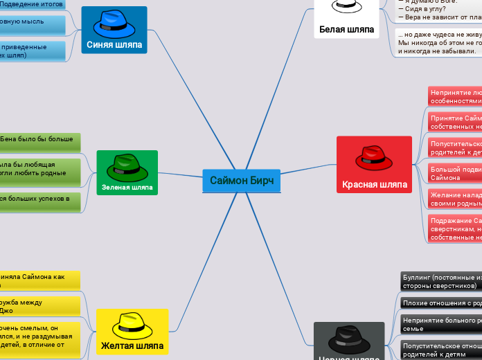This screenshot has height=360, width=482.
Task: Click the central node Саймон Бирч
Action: tap(242, 181)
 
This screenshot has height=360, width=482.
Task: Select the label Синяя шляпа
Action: tap(114, 45)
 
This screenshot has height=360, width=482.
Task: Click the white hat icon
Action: tap(347, 7)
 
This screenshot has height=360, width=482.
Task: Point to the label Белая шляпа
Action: tap(346, 30)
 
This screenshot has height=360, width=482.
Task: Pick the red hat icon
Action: tap(374, 158)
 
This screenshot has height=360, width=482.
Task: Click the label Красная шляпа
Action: tap(375, 185)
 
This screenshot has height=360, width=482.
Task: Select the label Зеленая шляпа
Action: tap(127, 187)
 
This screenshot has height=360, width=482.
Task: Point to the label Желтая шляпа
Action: tap(132, 345)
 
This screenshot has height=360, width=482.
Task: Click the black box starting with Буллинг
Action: tap(440, 280)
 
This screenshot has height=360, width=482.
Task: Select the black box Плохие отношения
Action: tap(440, 303)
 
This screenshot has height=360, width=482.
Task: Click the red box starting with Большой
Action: tap(454, 173)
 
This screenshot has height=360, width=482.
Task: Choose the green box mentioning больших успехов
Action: tap(38, 202)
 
